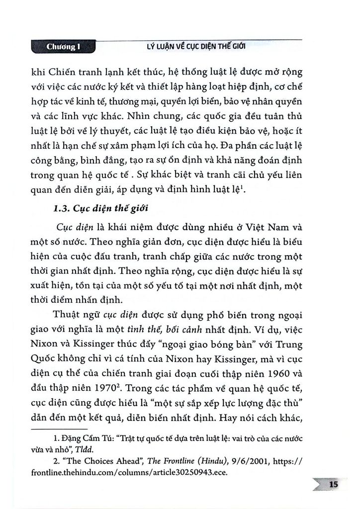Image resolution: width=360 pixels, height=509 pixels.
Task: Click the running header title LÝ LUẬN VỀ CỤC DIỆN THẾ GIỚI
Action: coord(192,48)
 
